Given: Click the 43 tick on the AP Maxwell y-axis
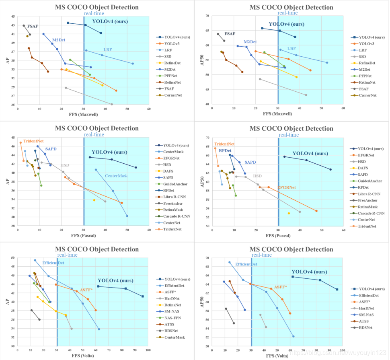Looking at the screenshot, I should (x=13, y=25).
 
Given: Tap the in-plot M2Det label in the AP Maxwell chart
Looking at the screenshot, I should (x=59, y=40).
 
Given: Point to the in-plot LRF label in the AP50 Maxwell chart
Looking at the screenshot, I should (x=291, y=49).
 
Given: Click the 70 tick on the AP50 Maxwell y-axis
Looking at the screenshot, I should (x=207, y=16).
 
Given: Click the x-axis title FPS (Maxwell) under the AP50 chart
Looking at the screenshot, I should (x=278, y=114).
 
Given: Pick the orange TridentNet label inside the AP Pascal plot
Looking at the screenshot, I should (x=34, y=141).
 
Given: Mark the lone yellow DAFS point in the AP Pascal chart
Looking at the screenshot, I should (x=94, y=200).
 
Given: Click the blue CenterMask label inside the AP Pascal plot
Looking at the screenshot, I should (x=116, y=176).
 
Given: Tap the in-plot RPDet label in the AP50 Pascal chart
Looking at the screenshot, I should (x=225, y=150).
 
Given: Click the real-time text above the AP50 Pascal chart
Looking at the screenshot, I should (x=289, y=135).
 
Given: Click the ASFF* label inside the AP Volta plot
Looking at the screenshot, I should (x=86, y=290).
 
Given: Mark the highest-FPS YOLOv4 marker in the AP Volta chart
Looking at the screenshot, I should (x=142, y=296).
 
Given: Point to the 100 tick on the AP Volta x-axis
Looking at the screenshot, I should (x=148, y=350).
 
